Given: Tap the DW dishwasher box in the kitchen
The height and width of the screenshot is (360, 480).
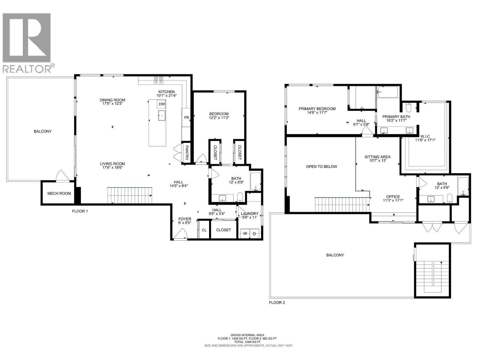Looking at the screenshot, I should point(162,104).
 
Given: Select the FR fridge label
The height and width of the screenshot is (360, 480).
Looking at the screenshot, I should point(186,118).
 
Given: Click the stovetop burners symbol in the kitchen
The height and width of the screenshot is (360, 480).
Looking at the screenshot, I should point(158,80).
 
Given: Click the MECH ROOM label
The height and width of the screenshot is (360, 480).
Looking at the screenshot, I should point(59,193).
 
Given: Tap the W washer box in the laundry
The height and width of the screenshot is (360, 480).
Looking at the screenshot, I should point(245,233).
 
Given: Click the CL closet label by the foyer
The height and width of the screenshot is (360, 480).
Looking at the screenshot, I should point(204,230).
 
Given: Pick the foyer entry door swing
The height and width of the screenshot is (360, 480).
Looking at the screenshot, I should point(181,234).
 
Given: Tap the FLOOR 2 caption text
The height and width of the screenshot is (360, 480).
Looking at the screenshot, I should point(277,302).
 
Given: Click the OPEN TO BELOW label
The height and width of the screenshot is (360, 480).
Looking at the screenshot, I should point(321,166).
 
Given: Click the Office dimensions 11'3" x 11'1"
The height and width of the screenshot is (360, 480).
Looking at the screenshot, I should point(393,201).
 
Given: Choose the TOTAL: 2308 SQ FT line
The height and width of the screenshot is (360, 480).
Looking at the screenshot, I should point(247,342).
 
